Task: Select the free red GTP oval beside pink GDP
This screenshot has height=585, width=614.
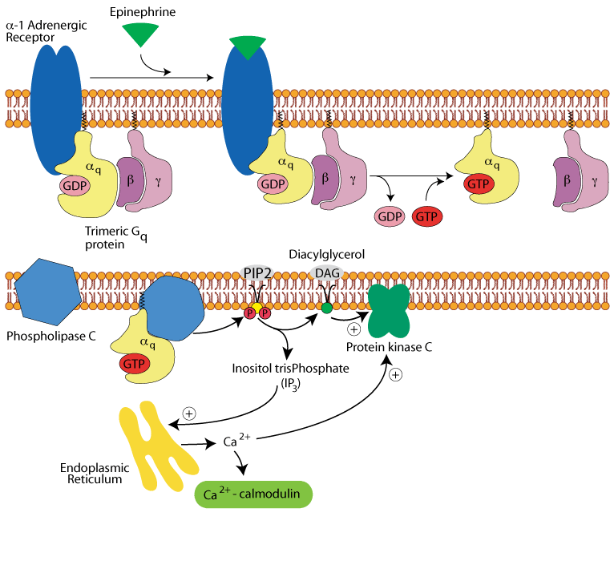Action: tap(427, 216)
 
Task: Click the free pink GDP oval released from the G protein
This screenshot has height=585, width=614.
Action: tap(390, 216)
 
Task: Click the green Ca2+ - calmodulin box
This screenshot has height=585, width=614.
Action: tap(253, 494)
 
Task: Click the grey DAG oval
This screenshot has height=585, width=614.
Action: tap(326, 273)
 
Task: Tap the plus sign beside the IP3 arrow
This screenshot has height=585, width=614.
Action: tap(189, 414)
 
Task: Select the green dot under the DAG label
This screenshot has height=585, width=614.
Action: tap(326, 308)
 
